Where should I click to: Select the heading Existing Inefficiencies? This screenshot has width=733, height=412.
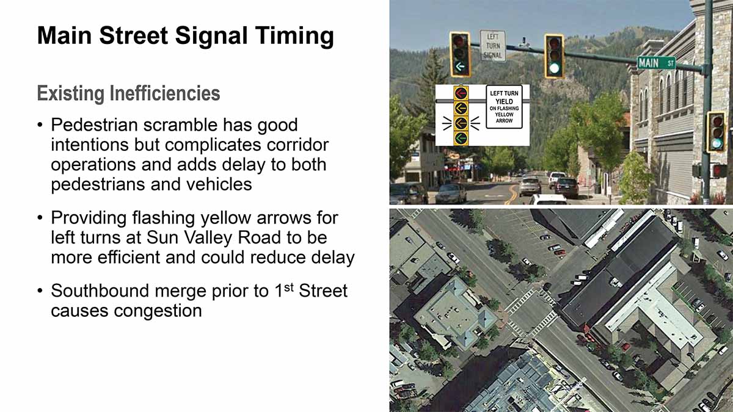[128, 93]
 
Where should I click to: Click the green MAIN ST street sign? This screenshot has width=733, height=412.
[657, 62]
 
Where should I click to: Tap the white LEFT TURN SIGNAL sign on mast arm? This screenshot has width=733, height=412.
[493, 46]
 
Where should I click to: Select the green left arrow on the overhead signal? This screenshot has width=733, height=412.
[460, 67]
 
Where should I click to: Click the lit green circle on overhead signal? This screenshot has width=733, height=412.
[555, 68]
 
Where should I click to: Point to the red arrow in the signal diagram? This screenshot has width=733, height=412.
[461, 93]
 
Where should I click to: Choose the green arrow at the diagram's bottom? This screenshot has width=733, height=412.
[461, 138]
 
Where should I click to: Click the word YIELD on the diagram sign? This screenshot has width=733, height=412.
[504, 101]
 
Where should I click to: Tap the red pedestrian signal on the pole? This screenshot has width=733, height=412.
[718, 171]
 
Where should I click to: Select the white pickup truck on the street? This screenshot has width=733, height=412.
[556, 179]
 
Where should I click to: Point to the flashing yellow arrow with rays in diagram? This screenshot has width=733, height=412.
[461, 123]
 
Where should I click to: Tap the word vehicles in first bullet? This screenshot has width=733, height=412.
[219, 184]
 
